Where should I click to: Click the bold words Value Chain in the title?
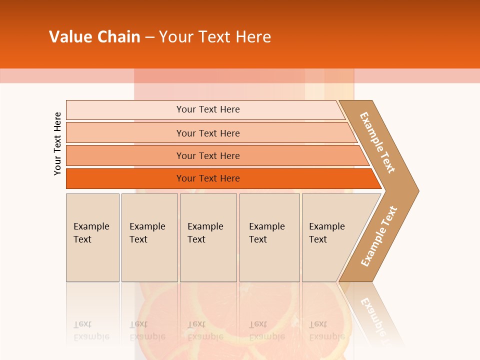94,37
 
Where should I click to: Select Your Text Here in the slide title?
215,37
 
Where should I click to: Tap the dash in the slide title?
149,37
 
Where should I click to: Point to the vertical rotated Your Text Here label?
57,143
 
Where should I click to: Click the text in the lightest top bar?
208,109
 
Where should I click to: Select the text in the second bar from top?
208,133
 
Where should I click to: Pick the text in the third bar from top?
208,156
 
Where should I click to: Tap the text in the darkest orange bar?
208,178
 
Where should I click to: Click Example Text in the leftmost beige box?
91,233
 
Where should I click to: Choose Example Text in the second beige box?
147,233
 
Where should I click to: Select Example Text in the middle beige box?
205,233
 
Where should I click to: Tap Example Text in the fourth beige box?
266,233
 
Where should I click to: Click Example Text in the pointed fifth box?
326,233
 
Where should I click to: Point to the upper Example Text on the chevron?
377,142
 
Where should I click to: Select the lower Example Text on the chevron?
378,236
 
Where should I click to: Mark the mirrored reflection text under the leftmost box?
91,330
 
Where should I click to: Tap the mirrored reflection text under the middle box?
205,330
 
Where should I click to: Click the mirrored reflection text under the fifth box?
326,330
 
